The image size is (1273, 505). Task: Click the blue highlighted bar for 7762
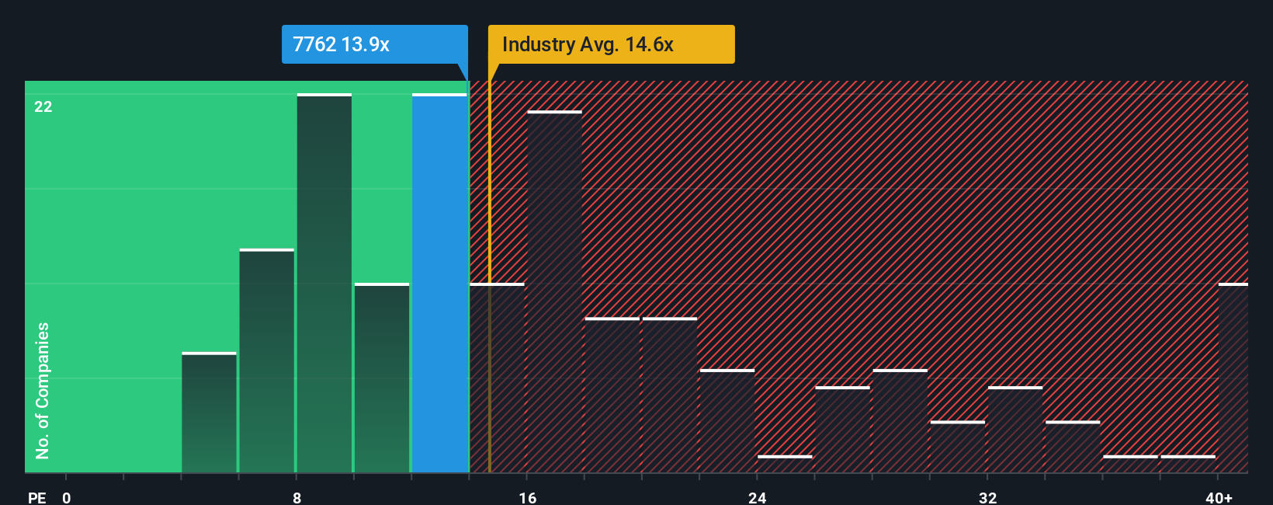point(439,284)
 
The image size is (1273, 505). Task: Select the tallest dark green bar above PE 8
point(324,284)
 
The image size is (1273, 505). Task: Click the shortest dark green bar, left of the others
point(209,413)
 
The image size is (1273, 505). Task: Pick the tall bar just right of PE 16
point(554,291)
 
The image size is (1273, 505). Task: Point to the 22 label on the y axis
point(43,106)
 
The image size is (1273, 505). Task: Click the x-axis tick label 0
point(67,497)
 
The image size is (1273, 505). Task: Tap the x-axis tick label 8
point(297,497)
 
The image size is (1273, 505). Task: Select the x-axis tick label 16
point(528,497)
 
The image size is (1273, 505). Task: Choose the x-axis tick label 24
point(758,497)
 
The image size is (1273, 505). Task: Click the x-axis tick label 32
point(987,497)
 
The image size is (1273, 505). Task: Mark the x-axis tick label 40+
point(1219,497)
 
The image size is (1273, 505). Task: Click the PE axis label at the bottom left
point(37,497)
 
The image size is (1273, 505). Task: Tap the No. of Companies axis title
point(43,390)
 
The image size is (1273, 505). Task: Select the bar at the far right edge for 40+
point(1233,378)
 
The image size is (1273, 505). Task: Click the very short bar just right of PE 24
point(785,464)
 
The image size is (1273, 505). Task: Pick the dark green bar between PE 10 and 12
point(382,378)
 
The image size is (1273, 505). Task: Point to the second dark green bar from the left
point(267,360)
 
